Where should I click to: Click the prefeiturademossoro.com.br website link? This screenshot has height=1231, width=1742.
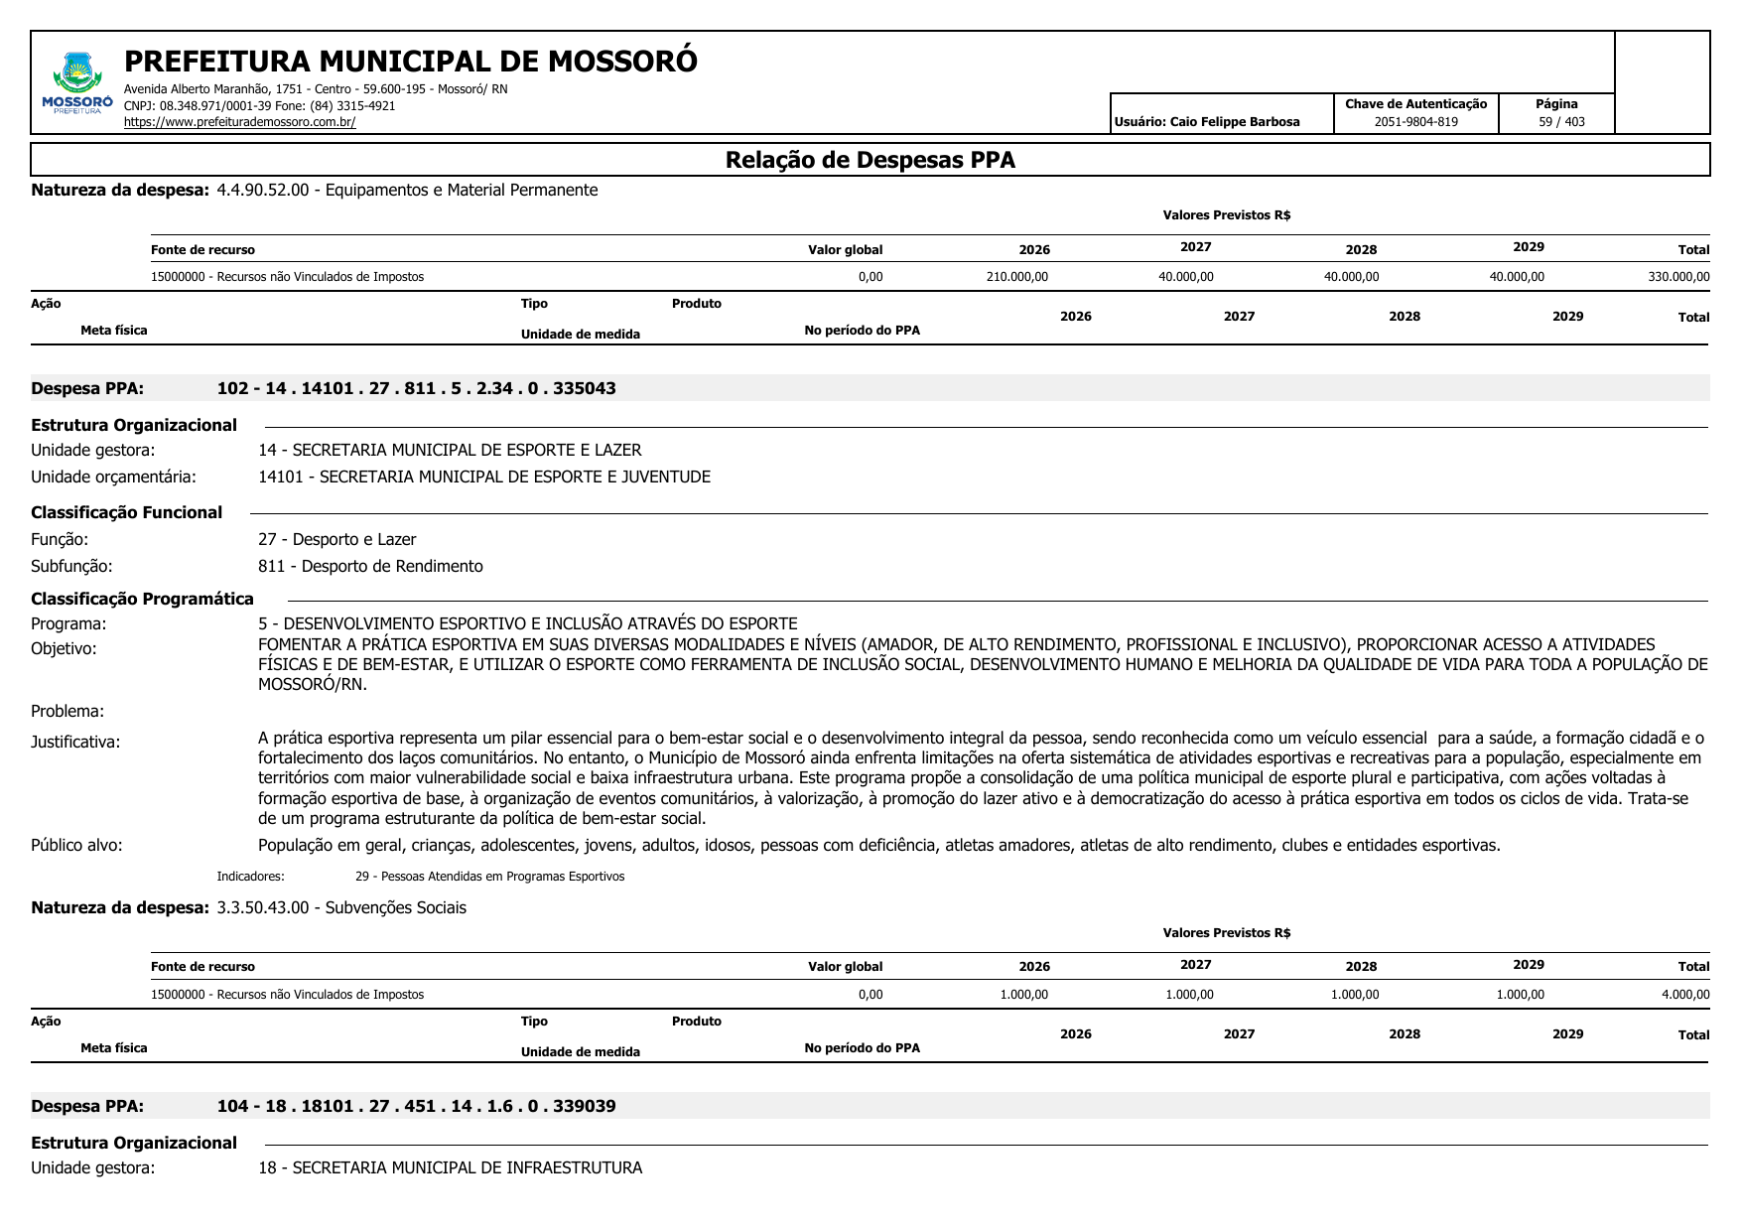pyautogui.click(x=239, y=122)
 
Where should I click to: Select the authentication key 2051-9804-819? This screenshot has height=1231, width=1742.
pyautogui.click(x=1415, y=122)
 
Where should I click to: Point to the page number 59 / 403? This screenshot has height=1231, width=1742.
pyautogui.click(x=1561, y=122)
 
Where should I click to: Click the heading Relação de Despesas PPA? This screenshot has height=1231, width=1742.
pyautogui.click(x=870, y=160)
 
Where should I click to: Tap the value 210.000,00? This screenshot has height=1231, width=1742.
pyautogui.click(x=1016, y=277)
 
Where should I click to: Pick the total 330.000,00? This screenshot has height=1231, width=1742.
pyautogui.click(x=1678, y=277)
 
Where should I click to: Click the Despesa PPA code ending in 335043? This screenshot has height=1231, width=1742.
pyautogui.click(x=416, y=388)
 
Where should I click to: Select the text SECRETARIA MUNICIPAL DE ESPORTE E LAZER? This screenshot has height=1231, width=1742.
pyautogui.click(x=467, y=450)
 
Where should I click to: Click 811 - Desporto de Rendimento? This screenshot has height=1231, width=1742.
pyautogui.click(x=370, y=566)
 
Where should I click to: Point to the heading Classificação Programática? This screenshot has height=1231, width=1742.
pyautogui.click(x=142, y=599)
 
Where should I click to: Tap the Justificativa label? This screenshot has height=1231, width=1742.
pyautogui.click(x=75, y=742)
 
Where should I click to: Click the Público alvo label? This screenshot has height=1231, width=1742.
pyautogui.click(x=76, y=845)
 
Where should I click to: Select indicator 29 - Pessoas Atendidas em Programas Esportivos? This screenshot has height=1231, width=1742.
pyautogui.click(x=489, y=877)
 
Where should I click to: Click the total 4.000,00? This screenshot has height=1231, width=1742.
pyautogui.click(x=1684, y=994)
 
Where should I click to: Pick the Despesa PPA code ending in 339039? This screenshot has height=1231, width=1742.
pyautogui.click(x=416, y=1106)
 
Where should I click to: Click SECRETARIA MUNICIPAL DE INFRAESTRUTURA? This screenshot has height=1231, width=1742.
pyautogui.click(x=467, y=1167)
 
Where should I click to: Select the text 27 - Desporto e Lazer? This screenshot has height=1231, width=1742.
pyautogui.click(x=336, y=539)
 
